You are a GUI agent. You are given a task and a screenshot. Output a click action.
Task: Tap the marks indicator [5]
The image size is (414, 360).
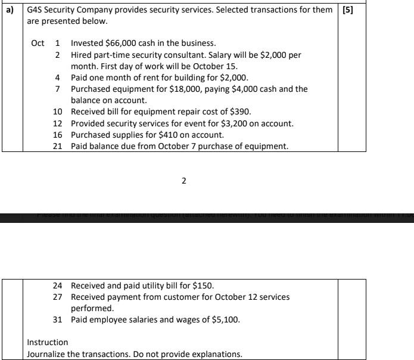pos(347,10)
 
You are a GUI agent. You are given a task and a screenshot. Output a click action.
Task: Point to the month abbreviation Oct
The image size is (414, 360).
pos(38,43)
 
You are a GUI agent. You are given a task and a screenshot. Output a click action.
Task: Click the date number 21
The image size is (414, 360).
pos(58,146)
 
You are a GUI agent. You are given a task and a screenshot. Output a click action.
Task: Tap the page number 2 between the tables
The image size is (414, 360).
pos(183,181)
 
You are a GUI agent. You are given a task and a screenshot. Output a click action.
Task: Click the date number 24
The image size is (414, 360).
pos(58,285)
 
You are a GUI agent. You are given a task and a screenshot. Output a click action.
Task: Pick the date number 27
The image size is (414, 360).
pos(58,297)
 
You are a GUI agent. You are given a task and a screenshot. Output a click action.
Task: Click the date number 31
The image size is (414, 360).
pos(58,319)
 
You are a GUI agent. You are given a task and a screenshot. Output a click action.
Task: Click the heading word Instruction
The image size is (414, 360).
pos(48,342)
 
